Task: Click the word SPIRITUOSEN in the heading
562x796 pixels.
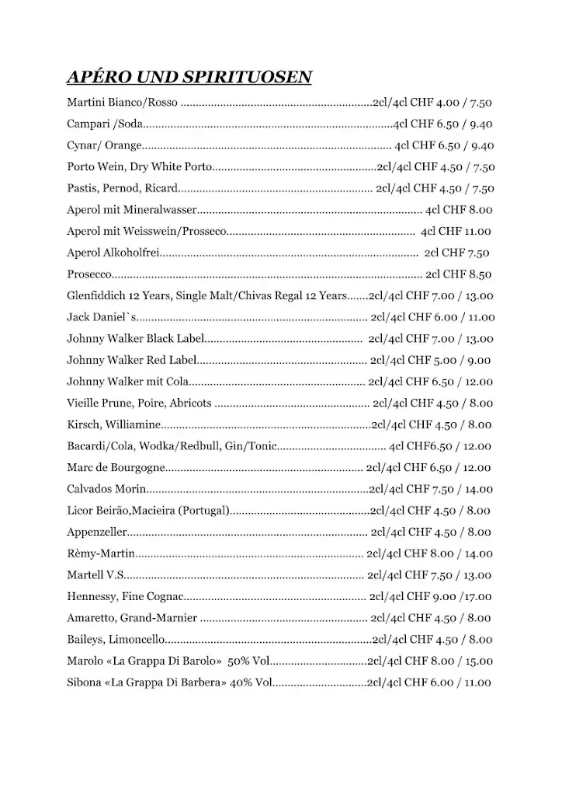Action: pos(247,77)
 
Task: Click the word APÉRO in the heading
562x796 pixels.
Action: pos(95,77)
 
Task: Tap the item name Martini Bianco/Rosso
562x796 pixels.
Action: pos(123,103)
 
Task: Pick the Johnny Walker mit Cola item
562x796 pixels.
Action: pos(128,382)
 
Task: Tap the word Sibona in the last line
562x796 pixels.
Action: pos(84,683)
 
